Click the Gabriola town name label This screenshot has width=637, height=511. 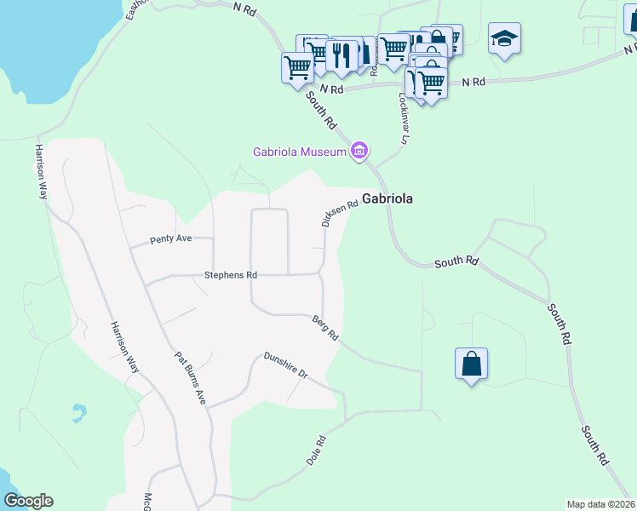click(387, 198)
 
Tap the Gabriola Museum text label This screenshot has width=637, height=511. click(300, 152)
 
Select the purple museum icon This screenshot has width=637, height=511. click(359, 152)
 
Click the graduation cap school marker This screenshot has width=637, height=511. click(504, 38)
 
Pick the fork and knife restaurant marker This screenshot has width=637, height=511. click(341, 55)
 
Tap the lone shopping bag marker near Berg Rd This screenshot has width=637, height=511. click(471, 364)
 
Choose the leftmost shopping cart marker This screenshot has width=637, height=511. click(297, 66)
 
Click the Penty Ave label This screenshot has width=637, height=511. click(171, 238)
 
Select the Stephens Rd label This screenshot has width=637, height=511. click(230, 275)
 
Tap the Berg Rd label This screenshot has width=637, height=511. click(326, 326)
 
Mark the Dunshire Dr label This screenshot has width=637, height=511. click(284, 366)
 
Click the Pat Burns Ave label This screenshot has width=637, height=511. click(191, 377)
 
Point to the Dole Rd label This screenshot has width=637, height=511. click(317, 451)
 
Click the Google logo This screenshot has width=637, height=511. click(28, 500)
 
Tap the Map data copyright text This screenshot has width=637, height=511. click(600, 503)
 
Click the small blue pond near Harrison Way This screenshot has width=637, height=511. click(78, 413)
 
